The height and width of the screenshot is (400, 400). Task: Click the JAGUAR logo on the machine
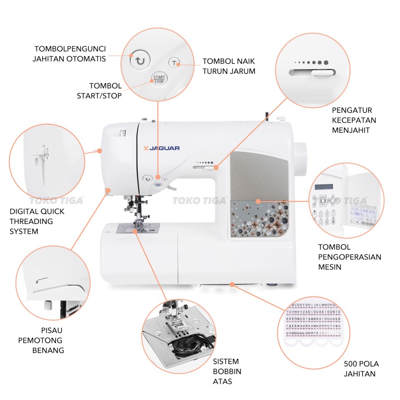162,148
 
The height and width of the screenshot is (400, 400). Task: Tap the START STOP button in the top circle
159,80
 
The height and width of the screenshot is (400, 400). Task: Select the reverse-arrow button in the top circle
140,60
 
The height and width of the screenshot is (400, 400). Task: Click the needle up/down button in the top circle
175,63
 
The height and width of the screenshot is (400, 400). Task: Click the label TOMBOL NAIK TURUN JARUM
229,66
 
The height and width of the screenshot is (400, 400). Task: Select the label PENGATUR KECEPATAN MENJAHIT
354,120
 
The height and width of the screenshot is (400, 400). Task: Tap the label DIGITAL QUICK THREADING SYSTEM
37,221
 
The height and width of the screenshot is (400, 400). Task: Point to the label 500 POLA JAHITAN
361,369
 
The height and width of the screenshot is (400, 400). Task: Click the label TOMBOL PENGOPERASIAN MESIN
350,257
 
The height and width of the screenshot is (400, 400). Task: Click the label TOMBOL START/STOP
105,91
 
